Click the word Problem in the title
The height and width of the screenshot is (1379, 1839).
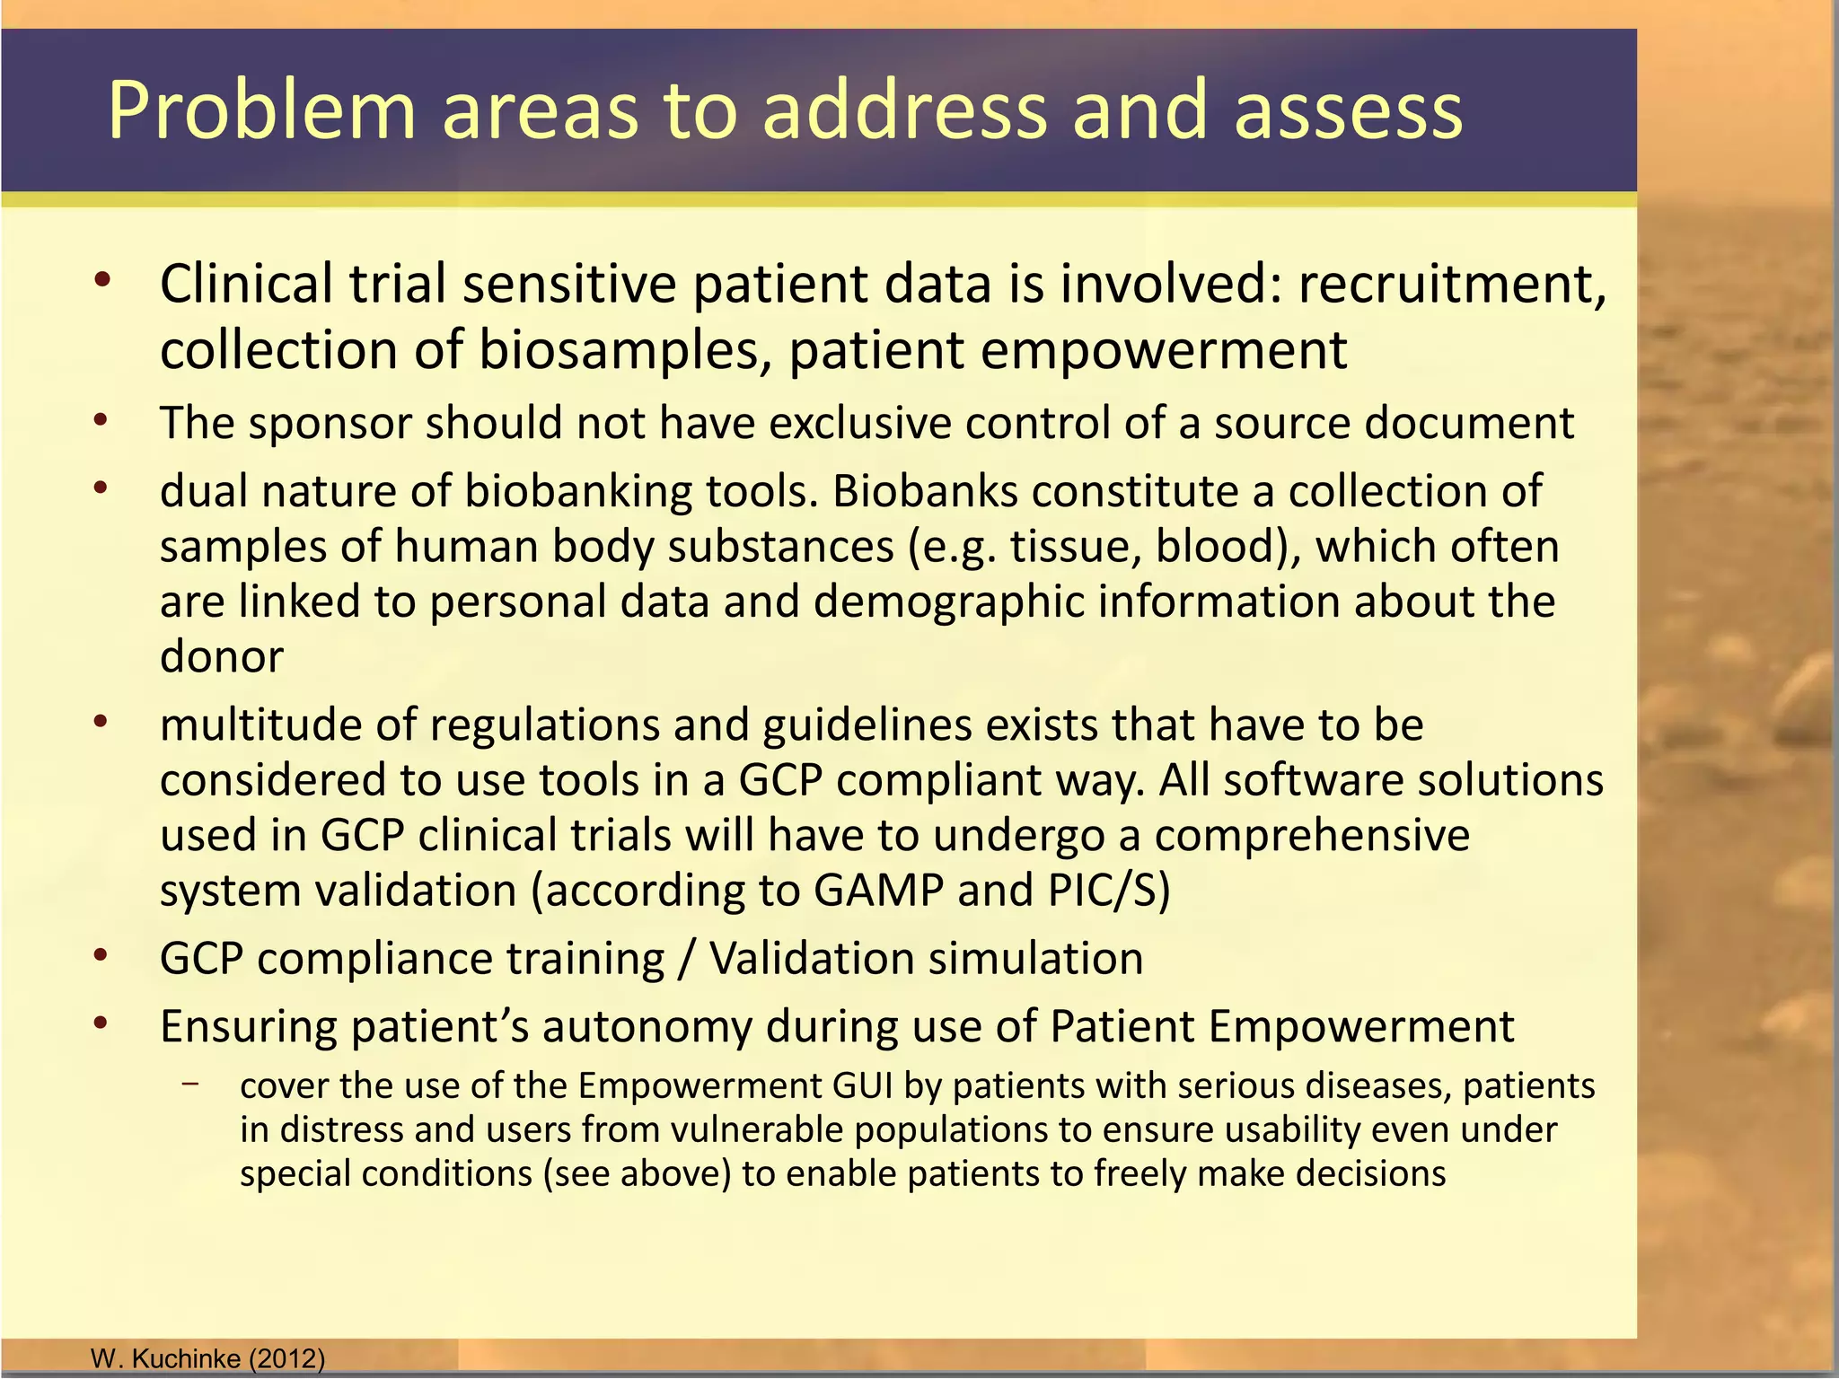click(x=261, y=111)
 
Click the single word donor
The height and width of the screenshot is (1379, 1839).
click(x=221, y=656)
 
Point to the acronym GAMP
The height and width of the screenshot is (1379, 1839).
click(x=878, y=891)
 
